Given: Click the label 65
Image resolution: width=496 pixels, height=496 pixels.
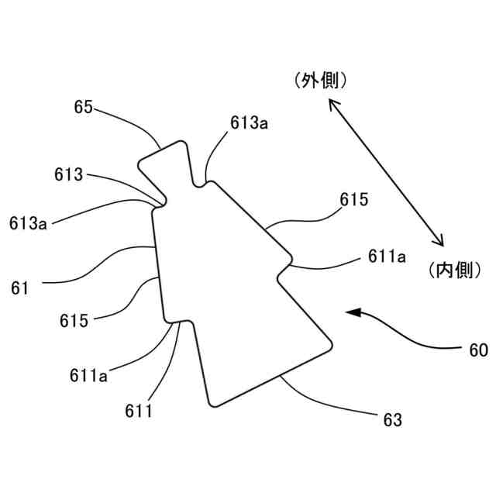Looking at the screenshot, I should pos(84,107).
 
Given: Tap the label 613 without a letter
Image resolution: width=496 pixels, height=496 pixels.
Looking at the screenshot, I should pos(68,174).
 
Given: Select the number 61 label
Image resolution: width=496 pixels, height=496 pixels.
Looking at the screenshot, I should pos(20,288).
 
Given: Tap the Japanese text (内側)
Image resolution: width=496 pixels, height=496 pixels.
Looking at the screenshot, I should pos(456,270).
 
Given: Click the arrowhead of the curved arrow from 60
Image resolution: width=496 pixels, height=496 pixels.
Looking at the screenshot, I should pos(353,313).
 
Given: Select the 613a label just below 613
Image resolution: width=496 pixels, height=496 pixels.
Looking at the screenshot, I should pos(29,223).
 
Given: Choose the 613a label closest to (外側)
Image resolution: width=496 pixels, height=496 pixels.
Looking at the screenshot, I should pos(249,122).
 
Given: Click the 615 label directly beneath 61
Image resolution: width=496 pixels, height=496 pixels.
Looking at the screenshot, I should pos(74,319).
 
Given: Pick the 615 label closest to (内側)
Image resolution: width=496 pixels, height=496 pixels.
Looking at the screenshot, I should pos(353,199).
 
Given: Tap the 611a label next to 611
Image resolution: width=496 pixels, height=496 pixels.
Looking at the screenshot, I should pos(88,376).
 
